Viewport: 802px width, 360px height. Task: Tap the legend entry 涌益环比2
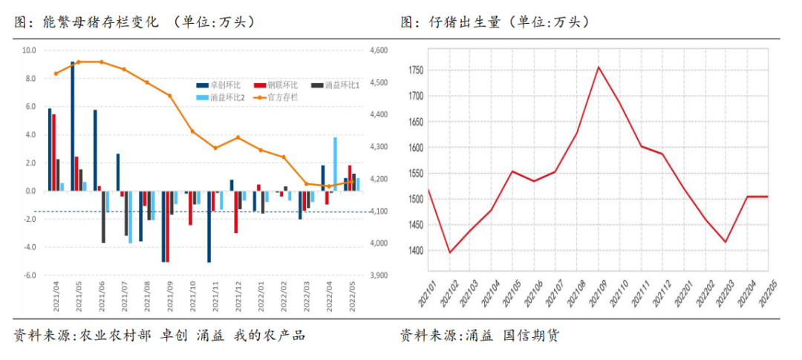click(x=224, y=97)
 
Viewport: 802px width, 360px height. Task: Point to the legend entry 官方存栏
click(x=277, y=97)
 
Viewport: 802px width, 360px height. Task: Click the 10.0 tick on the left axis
click(x=29, y=50)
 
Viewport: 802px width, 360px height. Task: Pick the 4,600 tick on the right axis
click(x=378, y=50)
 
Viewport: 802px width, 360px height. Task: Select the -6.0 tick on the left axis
click(x=29, y=275)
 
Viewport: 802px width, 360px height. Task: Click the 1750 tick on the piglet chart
click(x=415, y=71)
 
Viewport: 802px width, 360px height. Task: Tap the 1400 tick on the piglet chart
click(x=415, y=251)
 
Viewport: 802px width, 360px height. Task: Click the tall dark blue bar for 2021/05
click(x=72, y=126)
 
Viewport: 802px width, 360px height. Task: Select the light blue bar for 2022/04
click(x=336, y=164)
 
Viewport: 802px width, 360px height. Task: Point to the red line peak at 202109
click(x=599, y=67)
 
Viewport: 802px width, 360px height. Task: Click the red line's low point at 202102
click(x=449, y=252)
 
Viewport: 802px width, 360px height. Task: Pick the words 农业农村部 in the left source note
click(x=111, y=336)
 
